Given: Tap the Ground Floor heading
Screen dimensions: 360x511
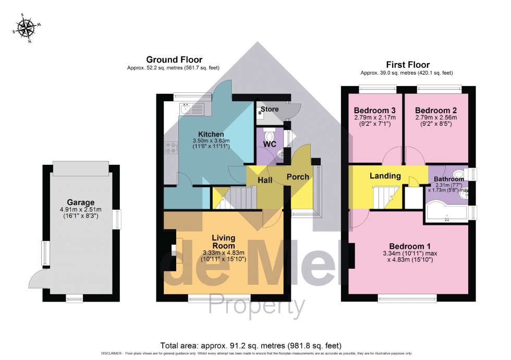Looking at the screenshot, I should [x=174, y=59].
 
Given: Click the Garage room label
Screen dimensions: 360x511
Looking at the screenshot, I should [x=80, y=202].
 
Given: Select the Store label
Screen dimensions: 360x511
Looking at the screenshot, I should [x=270, y=109].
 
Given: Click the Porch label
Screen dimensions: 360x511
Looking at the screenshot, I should [x=298, y=177].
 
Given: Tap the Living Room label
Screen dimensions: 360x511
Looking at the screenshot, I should [x=223, y=242].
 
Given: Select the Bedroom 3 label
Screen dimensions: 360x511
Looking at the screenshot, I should [x=375, y=111].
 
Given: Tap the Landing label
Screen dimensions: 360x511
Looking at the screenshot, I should [x=385, y=176].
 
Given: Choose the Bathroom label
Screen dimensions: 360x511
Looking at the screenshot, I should [x=449, y=179].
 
